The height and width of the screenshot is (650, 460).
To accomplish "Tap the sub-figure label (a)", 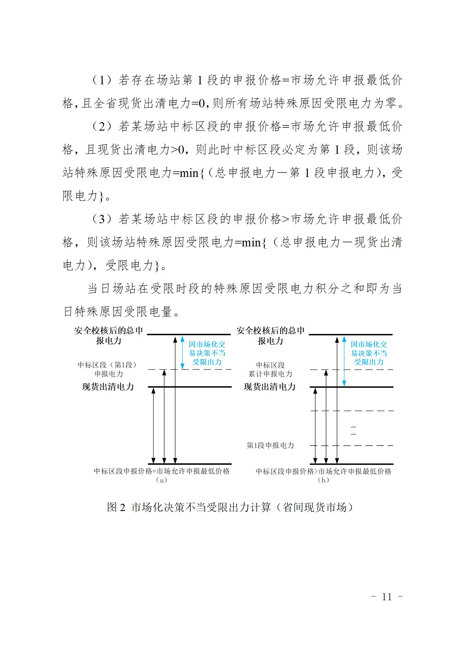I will (161, 480).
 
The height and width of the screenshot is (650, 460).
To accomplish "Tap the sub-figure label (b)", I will (323, 480).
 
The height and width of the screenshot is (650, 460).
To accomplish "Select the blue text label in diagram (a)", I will (207, 353).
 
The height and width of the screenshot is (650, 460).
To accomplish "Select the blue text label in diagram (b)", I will (369, 353).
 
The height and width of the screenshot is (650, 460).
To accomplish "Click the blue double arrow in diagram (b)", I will (344, 361).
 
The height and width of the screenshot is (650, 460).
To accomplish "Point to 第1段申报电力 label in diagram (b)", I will (270, 445).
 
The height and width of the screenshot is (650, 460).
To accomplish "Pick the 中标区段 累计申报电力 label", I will (270, 369).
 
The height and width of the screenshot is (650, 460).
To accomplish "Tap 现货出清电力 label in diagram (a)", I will (108, 387).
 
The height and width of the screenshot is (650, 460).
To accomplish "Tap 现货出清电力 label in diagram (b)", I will (270, 387).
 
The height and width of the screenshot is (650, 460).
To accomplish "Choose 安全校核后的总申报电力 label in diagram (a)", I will (109, 336).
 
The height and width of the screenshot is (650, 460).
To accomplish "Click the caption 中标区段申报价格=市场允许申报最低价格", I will (161, 471).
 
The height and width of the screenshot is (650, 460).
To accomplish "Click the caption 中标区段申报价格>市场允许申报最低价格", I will (323, 471).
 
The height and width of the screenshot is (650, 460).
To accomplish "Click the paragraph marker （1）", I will (101, 80).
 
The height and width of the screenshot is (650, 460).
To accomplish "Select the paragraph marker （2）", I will (101, 127).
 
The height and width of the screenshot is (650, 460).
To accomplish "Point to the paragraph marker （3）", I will (101, 219).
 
